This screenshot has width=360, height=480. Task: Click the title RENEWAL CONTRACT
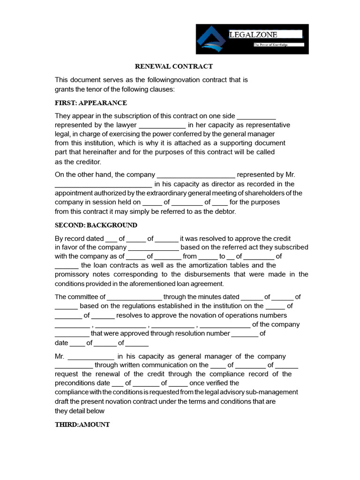(x=174, y=67)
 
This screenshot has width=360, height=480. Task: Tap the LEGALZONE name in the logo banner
(x=253, y=35)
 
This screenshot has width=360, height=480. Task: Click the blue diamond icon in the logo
(x=212, y=39)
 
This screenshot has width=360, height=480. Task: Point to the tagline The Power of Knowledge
(x=270, y=45)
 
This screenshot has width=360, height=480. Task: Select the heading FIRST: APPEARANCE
(x=90, y=103)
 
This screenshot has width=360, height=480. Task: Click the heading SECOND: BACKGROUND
(x=96, y=225)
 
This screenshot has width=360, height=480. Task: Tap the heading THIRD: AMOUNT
(x=82, y=424)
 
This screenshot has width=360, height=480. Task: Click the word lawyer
(x=126, y=125)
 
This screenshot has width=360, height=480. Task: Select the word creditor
(x=88, y=162)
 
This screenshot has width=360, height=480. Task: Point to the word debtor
(x=224, y=211)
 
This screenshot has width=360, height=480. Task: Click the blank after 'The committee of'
(x=135, y=297)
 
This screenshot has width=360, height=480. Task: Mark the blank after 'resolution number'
(x=245, y=334)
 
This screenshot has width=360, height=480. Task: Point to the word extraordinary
(x=158, y=193)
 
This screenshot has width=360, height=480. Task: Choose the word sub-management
(x=272, y=392)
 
